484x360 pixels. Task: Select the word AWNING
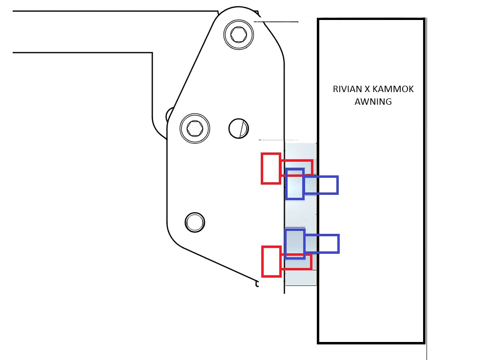(373, 101)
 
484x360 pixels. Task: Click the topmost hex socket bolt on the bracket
(239, 34)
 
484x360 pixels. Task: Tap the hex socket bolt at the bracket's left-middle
(195, 128)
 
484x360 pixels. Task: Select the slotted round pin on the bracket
(239, 128)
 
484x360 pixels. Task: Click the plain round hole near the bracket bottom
(195, 222)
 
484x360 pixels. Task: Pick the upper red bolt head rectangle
(271, 169)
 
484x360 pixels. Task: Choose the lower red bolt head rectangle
(271, 261)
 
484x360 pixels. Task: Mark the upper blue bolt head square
(295, 184)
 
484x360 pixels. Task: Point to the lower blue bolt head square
(295, 244)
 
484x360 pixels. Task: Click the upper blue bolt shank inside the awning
(322, 185)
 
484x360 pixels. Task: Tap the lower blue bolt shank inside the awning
(322, 244)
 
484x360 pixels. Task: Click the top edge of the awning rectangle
(371, 19)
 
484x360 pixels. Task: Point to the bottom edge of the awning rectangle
(371, 342)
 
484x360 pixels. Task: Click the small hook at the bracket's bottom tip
(257, 284)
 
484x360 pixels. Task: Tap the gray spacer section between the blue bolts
(300, 214)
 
